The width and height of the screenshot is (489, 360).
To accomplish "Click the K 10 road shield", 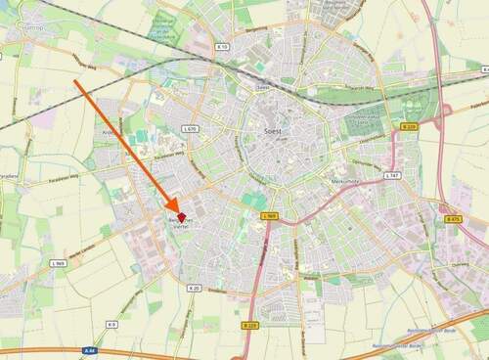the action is (x=223, y=46).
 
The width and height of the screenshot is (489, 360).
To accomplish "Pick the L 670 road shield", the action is (x=190, y=129).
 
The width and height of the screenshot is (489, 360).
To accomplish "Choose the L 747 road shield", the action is (x=392, y=175).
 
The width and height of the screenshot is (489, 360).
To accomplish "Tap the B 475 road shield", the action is (x=453, y=220).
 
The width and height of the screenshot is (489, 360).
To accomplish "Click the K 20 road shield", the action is (x=194, y=288).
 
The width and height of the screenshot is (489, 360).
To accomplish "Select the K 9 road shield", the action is (x=111, y=324).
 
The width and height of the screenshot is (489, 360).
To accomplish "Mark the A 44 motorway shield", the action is (x=91, y=349).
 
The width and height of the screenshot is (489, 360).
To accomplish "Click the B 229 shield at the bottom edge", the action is (x=250, y=325).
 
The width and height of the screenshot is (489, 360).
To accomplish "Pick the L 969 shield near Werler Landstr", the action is (x=59, y=264).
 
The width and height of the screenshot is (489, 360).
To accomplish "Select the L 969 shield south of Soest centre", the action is (x=270, y=215).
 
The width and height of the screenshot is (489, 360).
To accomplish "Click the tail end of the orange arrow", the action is (x=76, y=82).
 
